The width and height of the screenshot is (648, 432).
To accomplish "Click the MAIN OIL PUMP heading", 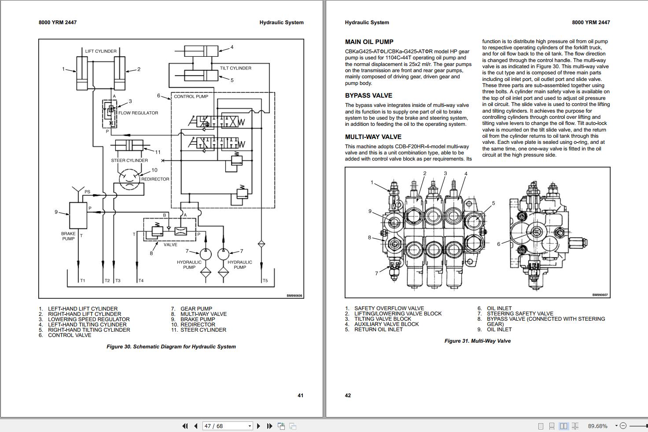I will [369, 42].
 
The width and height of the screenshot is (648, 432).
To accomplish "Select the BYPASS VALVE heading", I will [368, 95].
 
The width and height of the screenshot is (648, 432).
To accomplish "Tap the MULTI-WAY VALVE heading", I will [373, 137].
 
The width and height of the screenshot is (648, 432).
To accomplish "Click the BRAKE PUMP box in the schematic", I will [78, 215].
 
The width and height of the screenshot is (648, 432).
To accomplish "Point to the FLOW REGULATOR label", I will [138, 113].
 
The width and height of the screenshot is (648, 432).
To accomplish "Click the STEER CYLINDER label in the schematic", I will [129, 161].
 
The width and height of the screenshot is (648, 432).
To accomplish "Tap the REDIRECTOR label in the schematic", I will [155, 179].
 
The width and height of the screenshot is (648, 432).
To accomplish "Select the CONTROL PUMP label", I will [191, 96].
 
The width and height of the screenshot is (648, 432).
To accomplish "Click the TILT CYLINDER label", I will [236, 68].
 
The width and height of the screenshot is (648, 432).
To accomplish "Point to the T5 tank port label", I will [265, 281].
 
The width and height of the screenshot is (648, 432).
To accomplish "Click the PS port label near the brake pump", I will [87, 192].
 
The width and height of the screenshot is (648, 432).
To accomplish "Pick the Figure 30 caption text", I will [171, 347].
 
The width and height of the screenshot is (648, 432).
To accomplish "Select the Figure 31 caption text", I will [477, 341].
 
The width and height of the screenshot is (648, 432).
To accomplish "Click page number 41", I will [300, 395].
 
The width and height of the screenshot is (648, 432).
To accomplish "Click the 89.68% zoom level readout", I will [597, 426].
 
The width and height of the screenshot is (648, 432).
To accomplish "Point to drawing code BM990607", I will [600, 295].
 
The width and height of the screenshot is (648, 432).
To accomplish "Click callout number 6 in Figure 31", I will [498, 244].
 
